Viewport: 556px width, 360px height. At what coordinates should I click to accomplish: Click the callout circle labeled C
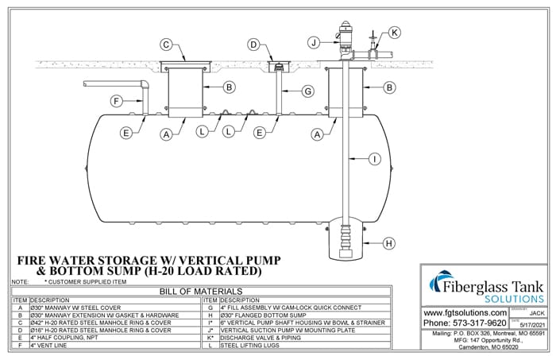(166, 45)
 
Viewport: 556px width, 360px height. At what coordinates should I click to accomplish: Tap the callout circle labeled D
(253, 45)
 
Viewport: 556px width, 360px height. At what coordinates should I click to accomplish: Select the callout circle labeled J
(315, 41)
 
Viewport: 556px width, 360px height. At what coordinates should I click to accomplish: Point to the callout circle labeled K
(395, 32)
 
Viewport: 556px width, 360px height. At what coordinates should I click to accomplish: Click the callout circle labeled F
(116, 101)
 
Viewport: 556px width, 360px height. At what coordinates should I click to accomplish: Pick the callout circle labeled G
(308, 91)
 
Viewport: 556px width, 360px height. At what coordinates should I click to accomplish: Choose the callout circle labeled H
(388, 243)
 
